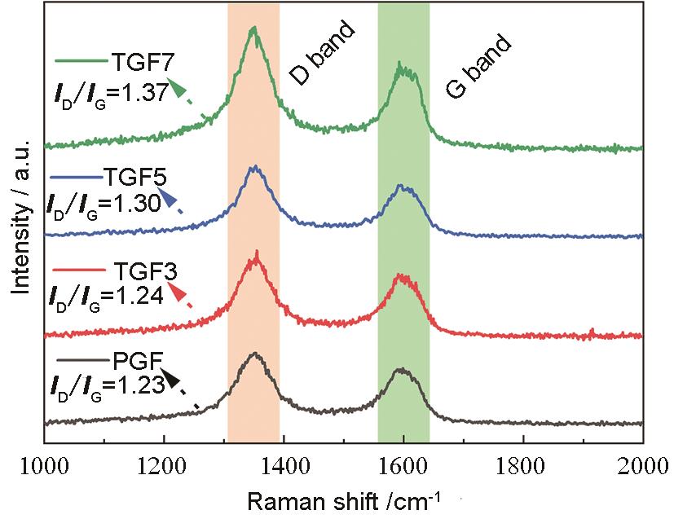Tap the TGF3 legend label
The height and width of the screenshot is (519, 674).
[139, 272]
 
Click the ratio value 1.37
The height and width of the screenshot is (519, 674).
[143, 92]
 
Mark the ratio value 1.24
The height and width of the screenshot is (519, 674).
[139, 297]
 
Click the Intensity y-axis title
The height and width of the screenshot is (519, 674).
[22, 214]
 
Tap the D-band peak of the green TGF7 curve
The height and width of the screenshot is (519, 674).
[254, 29]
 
